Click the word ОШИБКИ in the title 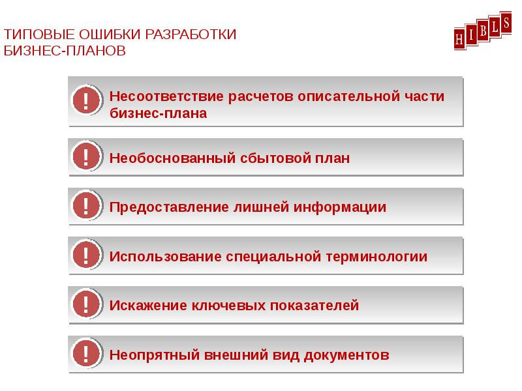[x=110, y=35]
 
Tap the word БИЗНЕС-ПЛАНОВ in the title [x=65, y=51]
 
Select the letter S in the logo [x=506, y=23]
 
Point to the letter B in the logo [x=484, y=31]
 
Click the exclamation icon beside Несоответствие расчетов [x=86, y=100]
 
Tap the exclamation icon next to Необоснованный [x=86, y=156]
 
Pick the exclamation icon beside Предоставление [x=86, y=205]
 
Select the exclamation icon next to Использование [x=86, y=254]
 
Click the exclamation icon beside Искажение [x=86, y=304]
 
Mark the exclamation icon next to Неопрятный [x=86, y=353]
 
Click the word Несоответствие [x=166, y=96]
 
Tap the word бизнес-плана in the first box [x=158, y=113]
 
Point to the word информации [x=339, y=207]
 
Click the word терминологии [x=376, y=257]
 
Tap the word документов [x=346, y=355]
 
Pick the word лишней [x=261, y=207]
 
